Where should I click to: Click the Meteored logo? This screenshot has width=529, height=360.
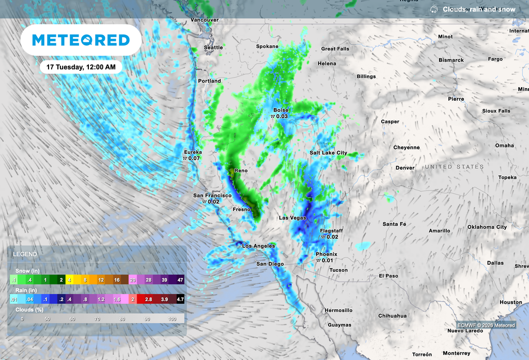pos(81,40)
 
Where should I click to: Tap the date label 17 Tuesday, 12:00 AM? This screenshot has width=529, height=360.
pos(81,67)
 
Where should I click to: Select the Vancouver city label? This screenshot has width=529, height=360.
pos(205,20)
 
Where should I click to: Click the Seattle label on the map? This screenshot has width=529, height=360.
pos(213,48)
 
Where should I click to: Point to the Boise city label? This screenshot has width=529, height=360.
pos(281,110)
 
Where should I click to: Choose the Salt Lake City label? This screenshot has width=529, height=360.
pos(328,153)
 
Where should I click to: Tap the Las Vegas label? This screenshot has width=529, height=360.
pos(292,218)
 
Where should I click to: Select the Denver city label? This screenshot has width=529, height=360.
pos(405,168)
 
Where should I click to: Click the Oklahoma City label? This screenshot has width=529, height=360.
pos(487,227)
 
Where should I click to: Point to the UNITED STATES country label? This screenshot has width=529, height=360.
pos(454,167)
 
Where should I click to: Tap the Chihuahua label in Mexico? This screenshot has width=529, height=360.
pos(392,316)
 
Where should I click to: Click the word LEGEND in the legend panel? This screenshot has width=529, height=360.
pos(25,255)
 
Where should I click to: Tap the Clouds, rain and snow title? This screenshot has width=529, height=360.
pos(479,9)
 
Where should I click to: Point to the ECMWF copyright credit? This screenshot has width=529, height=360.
pos(486,325)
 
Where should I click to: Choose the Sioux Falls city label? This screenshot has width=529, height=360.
pos(496,111)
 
